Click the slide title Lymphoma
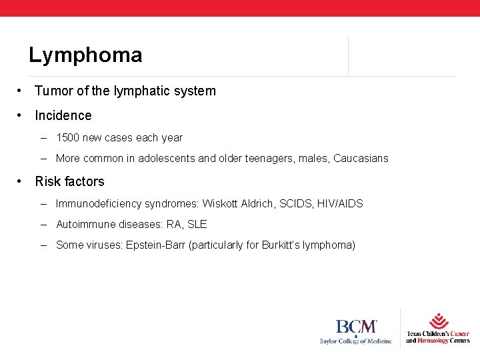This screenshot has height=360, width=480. [85, 55]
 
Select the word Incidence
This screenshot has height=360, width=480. [63, 115]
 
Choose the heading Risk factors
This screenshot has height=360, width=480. [69, 181]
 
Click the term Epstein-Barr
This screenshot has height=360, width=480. [156, 245]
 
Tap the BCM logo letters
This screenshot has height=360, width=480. [356, 327]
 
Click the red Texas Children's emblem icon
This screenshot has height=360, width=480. [438, 321]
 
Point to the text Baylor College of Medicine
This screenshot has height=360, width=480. [356, 341]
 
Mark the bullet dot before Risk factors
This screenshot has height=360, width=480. [22, 181]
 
